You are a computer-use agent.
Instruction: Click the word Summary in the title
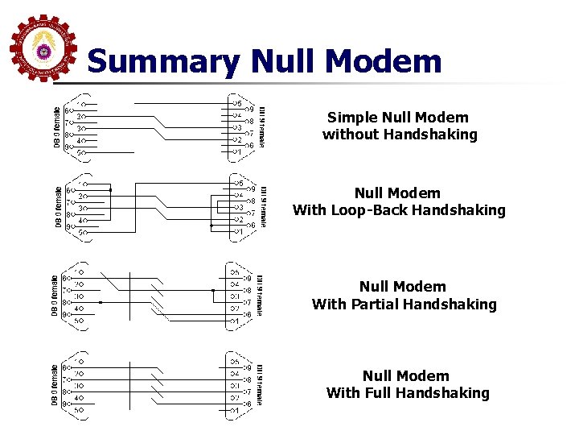tap(163, 61)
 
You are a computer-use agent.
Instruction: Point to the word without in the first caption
tap(351, 135)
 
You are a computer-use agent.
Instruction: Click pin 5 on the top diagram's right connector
tap(236, 104)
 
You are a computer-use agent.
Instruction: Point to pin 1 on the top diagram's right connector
tap(236, 151)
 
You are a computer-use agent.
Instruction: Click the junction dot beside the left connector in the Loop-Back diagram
tap(110, 191)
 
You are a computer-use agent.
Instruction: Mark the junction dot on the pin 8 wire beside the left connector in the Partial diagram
tap(100, 302)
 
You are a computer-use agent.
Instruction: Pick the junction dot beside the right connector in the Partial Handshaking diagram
tap(212, 290)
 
